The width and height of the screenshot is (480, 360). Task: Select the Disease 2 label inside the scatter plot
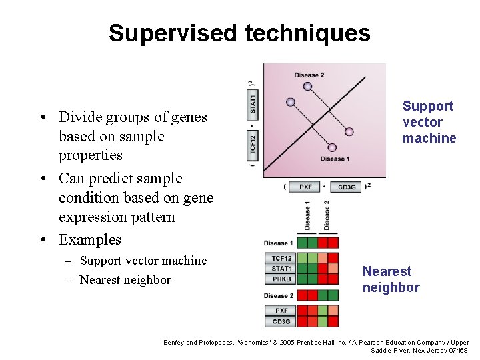[x=309, y=75]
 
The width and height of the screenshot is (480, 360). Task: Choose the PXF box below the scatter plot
[x=305, y=187]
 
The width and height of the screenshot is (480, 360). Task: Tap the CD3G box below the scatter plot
[x=346, y=187]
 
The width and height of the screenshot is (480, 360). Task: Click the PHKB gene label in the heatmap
[x=280, y=279]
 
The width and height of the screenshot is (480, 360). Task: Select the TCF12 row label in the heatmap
[x=280, y=258]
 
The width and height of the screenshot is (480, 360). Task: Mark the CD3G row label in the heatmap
[x=280, y=321]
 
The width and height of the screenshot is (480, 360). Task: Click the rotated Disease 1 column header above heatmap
[x=307, y=215]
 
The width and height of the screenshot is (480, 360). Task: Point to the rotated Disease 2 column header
[x=327, y=215]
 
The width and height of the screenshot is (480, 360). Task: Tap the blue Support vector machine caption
[x=429, y=122]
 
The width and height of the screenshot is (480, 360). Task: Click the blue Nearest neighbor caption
[x=391, y=279]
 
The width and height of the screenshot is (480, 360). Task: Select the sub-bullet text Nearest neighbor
[x=125, y=280]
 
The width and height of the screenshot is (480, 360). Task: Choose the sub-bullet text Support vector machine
[x=143, y=261]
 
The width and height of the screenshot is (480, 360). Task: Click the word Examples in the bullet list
[x=90, y=239]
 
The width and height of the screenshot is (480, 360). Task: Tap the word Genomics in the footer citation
[x=245, y=343]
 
